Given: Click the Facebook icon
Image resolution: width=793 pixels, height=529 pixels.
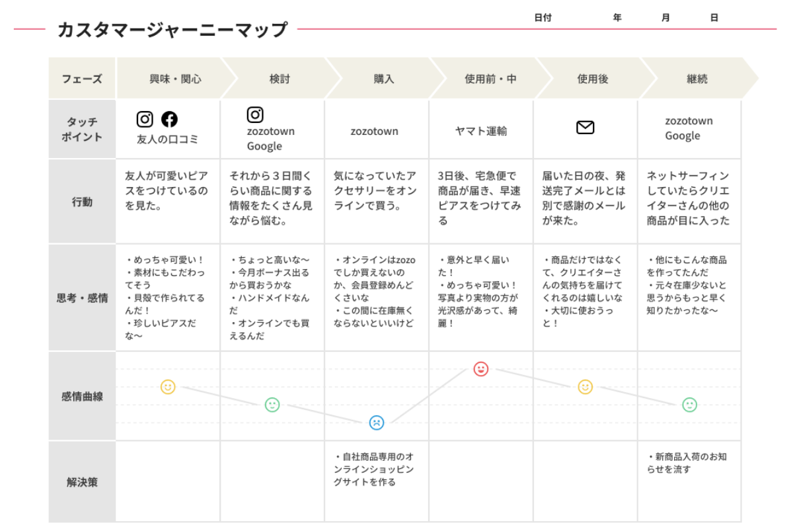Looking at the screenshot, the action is tap(170, 119).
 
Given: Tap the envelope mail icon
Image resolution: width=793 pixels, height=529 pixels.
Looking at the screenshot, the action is tap(585, 128).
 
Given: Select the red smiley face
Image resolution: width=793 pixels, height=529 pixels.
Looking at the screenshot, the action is tap(481, 369).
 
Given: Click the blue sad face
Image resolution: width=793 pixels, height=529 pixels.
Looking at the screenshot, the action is tap(376, 423).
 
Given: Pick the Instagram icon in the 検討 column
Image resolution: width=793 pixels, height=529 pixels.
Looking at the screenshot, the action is tap(255, 115).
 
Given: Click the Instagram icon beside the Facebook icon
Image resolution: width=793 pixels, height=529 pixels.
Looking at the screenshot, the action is tap(145, 119).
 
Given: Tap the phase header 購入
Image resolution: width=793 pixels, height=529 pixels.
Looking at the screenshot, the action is tap(384, 79).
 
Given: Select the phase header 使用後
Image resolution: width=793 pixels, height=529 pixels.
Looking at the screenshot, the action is tap(593, 79).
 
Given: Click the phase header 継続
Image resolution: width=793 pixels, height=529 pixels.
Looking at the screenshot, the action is tap(697, 79).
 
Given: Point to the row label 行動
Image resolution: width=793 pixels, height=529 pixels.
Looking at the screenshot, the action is tap(82, 202).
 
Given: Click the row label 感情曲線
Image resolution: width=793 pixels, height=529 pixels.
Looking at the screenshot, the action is tap(82, 396).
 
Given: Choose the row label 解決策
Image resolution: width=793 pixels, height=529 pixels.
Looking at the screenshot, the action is tap(82, 482).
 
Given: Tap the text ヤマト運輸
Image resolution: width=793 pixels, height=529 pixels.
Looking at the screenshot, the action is tap(481, 131).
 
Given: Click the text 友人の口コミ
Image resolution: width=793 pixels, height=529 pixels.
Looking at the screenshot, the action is tap(167, 140).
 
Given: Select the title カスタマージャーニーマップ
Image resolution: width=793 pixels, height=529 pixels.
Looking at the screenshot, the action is tap(172, 29).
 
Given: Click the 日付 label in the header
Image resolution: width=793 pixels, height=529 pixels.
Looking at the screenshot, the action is tap(543, 17).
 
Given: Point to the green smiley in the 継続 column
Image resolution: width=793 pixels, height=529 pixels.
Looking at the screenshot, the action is tap(689, 405).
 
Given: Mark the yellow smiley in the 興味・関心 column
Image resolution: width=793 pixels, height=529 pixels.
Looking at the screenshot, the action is tap(168, 387).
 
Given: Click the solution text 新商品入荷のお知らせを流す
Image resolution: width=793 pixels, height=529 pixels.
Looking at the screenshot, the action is tap(687, 463).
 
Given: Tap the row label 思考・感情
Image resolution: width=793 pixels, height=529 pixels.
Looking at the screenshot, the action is tap(82, 298).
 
